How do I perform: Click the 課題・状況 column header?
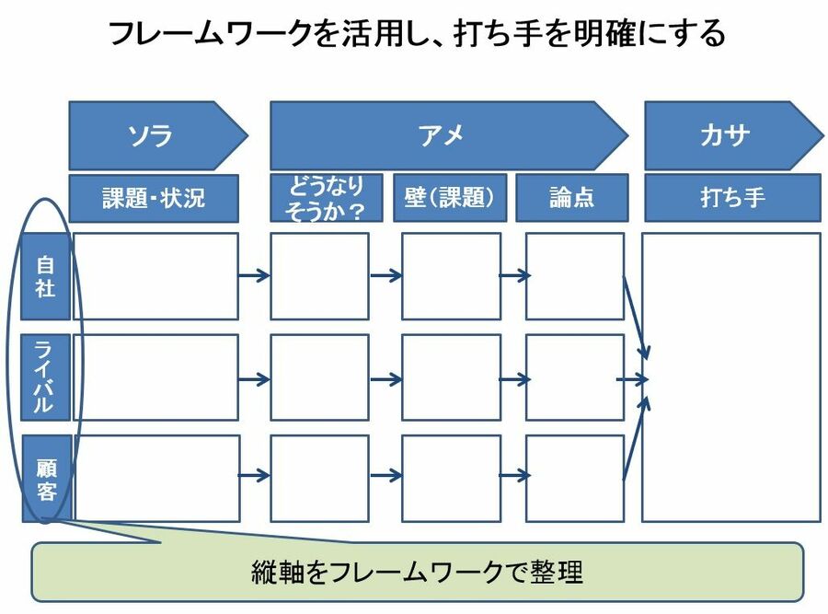coord(154,198)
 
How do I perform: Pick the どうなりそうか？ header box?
coord(320,198)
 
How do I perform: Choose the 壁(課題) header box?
coord(450,198)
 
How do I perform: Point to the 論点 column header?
coord(571,198)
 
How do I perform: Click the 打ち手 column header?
coord(731,198)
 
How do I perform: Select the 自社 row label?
coord(45,276)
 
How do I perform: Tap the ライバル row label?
coord(45,377)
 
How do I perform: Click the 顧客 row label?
coord(45,479)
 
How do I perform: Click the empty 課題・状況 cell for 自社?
coord(155,276)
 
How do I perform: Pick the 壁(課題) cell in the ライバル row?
coord(451,377)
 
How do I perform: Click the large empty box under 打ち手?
coord(731,377)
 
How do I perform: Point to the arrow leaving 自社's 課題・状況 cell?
coord(254,274)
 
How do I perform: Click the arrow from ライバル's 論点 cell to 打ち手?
coord(633,378)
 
